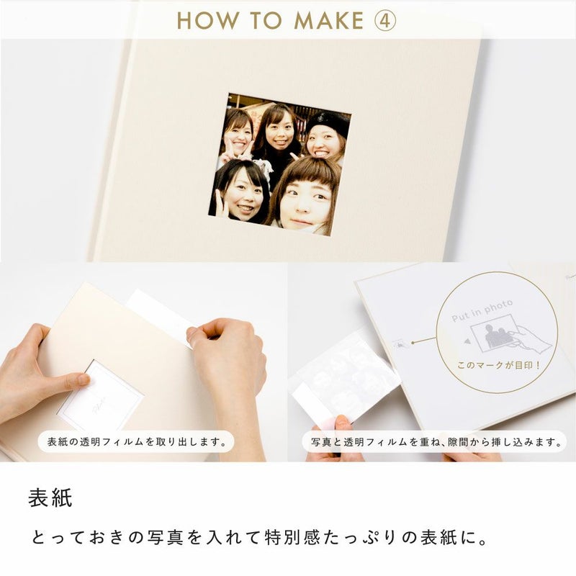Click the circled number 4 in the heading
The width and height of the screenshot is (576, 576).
coord(385,20)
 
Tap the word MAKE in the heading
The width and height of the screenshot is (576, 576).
coord(329,20)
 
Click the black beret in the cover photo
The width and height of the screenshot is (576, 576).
coord(328,122)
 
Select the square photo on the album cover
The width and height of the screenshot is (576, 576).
coord(280,164)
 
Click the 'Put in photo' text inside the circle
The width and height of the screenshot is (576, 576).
coord(482,311)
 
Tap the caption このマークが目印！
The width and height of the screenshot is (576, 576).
coord(498,365)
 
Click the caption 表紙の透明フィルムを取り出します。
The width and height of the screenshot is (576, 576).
coord(137,441)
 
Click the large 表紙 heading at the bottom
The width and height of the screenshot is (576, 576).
coord(50,498)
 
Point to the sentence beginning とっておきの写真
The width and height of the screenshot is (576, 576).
coord(259,538)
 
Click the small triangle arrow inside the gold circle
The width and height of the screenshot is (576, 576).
coord(467,341)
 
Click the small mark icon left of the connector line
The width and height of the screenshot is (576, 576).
coord(400,345)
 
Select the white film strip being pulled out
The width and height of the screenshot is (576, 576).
coord(158,317)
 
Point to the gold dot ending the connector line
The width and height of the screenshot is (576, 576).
coord(413,343)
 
